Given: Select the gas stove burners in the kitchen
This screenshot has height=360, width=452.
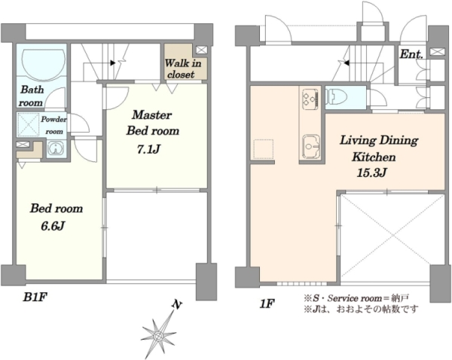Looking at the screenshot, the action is (310, 99).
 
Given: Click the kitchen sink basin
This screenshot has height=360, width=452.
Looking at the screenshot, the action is (310, 146).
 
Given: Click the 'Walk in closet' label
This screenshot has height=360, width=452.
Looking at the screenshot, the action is (182, 69).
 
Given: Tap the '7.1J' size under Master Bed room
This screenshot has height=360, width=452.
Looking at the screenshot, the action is (148, 149).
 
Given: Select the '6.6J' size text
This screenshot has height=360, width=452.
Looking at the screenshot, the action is (52, 226).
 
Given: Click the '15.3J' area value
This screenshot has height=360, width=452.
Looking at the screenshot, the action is (371, 172).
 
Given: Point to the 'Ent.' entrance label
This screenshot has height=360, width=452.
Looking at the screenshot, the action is (411, 54).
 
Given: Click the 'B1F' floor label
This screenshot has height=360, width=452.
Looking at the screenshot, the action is (35, 297).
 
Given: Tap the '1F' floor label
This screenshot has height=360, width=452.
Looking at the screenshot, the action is (267, 304).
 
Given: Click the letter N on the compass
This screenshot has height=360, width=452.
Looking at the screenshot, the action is (177, 304).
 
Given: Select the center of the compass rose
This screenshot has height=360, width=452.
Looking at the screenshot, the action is (158, 336).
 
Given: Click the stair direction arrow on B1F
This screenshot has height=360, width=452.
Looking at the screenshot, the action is (113, 63).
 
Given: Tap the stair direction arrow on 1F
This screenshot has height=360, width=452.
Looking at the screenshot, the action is (347, 63).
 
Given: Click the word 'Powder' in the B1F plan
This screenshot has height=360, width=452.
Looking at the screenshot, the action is (53, 119).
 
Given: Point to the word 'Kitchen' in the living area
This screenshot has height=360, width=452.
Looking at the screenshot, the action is (374, 157).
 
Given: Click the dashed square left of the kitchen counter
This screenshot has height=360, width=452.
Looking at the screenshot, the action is (263, 148).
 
